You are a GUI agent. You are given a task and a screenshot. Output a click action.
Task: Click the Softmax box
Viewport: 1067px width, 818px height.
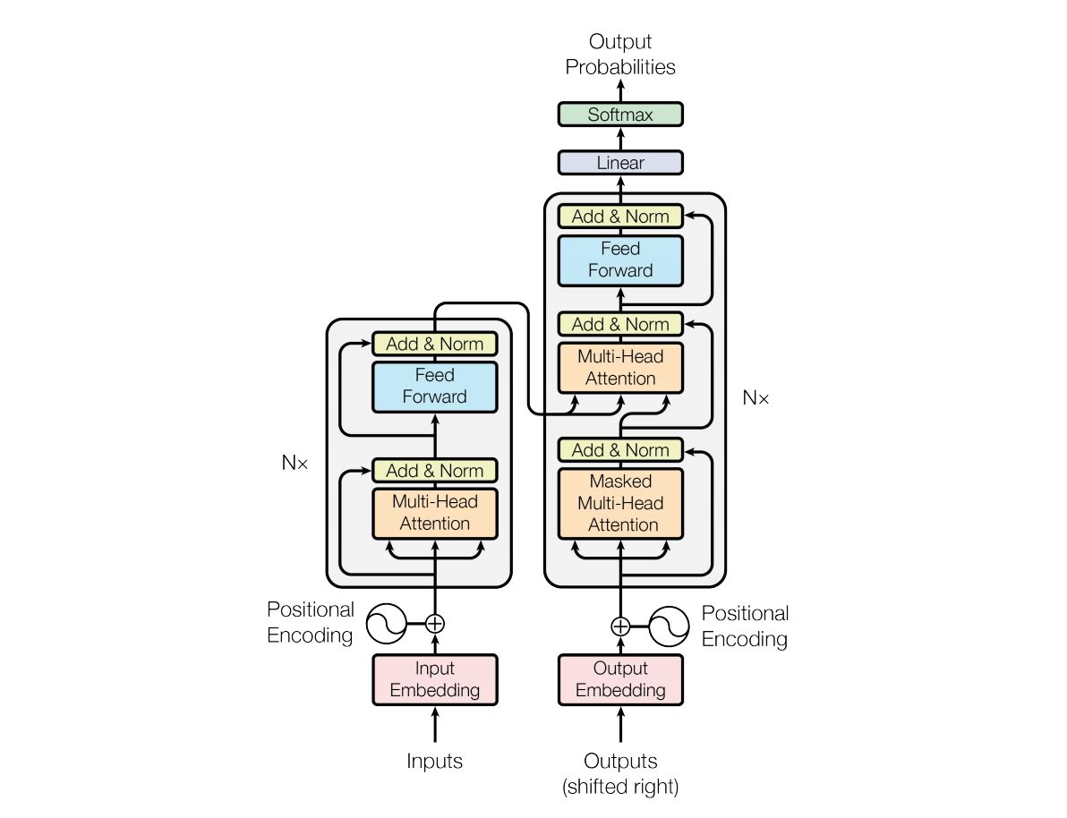pos(619,115)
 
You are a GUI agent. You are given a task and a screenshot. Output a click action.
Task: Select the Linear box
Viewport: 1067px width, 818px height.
pos(619,163)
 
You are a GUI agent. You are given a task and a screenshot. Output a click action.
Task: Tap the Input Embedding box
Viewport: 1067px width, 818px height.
pos(434,679)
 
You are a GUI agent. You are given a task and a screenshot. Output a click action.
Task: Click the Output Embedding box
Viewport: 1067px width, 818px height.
pos(619,679)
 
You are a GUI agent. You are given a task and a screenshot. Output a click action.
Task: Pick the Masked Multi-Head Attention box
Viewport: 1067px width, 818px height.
pos(619,503)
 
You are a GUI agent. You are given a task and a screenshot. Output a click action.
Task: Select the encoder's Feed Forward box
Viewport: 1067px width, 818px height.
pos(434,386)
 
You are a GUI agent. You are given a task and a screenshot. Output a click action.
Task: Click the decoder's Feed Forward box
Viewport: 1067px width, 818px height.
pos(619,260)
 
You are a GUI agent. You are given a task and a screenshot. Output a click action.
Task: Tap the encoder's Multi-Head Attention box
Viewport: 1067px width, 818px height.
pos(434,513)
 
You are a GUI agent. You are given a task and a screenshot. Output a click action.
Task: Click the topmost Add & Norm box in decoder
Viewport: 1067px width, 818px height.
pos(619,217)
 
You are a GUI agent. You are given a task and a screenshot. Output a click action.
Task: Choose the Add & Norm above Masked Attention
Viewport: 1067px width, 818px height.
pos(619,450)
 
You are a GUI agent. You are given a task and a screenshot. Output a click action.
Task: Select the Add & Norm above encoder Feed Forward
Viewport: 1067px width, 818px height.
pos(434,344)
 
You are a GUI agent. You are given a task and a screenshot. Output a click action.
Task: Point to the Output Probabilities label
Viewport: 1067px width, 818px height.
pos(619,54)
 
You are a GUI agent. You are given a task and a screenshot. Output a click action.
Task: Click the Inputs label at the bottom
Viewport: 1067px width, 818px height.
pos(434,762)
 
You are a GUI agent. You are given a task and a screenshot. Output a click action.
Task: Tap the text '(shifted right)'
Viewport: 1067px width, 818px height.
pos(619,788)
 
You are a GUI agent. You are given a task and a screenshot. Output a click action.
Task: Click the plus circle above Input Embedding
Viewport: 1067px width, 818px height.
pos(434,623)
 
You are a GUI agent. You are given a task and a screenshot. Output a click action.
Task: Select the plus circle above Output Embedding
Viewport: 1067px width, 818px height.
pos(619,626)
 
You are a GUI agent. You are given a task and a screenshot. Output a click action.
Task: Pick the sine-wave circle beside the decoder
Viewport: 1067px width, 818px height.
pos(669,626)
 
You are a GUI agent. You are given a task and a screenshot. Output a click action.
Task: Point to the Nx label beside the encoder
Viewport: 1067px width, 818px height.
pos(294,463)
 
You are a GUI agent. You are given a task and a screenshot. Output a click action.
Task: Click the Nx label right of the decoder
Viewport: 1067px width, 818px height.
pos(755,398)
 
